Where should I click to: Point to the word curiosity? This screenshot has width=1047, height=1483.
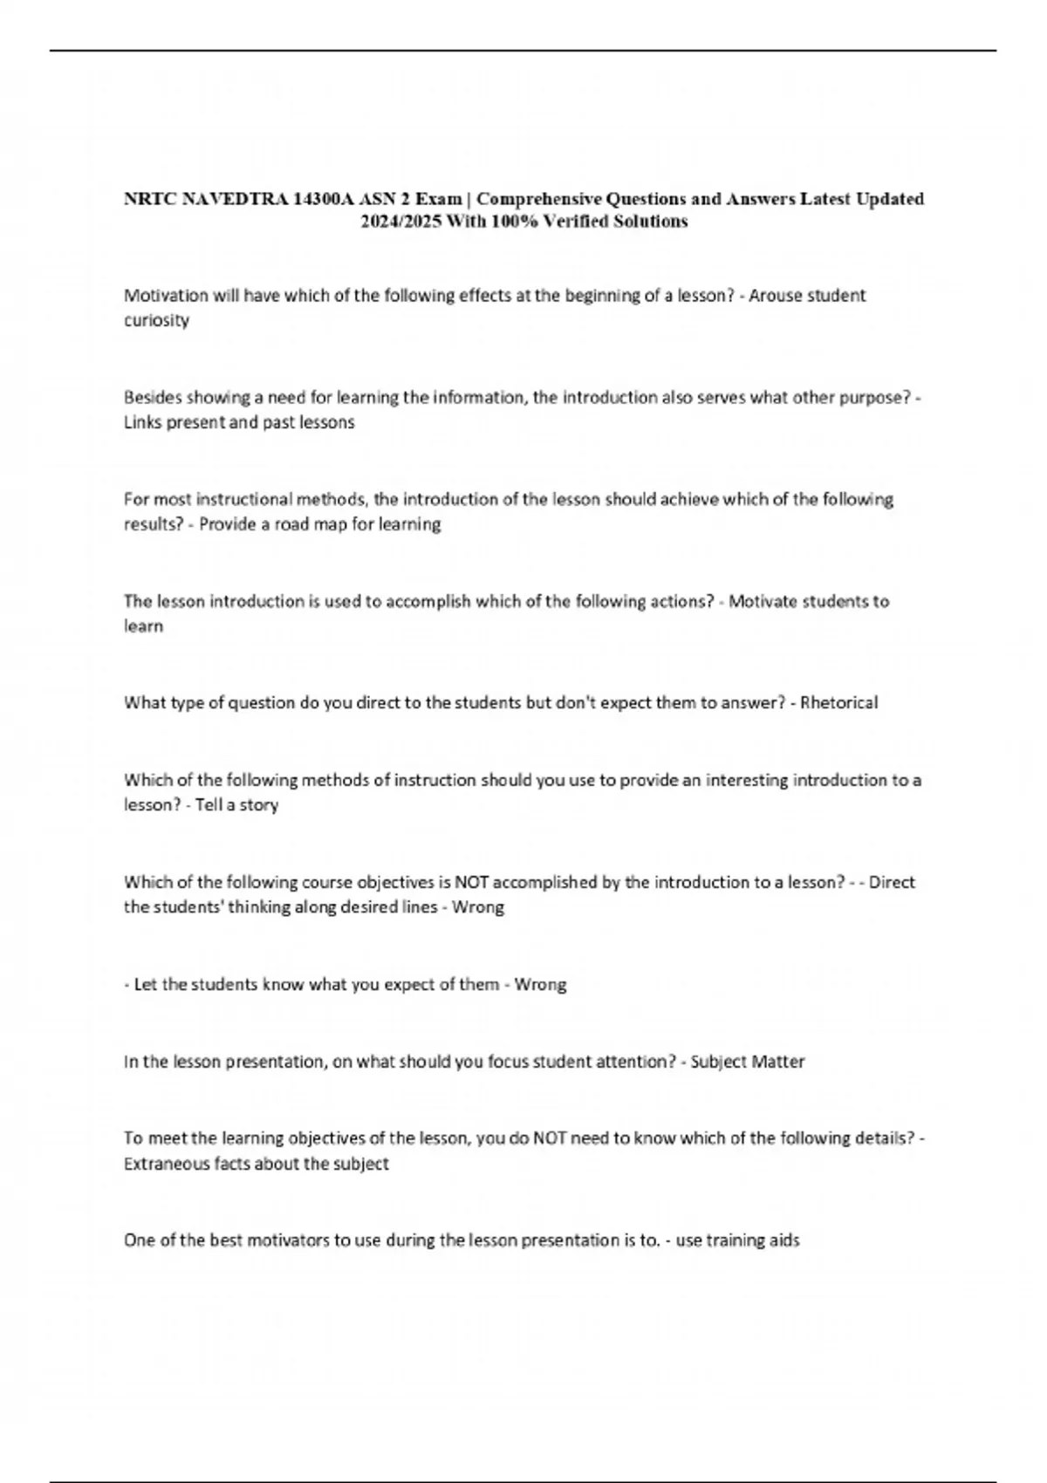click(x=156, y=320)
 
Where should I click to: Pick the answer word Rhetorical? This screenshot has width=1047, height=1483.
click(x=838, y=702)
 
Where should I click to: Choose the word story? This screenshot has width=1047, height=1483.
click(x=258, y=804)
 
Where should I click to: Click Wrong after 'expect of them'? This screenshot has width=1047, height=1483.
click(x=540, y=984)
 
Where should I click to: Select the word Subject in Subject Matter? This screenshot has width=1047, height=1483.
click(x=719, y=1062)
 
